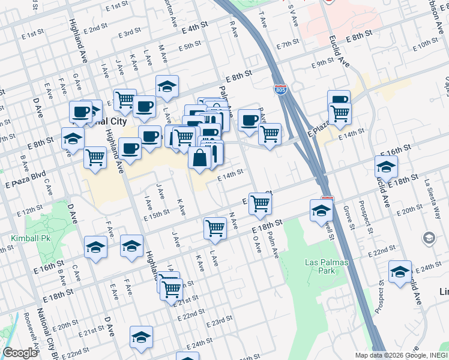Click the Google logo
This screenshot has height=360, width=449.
[x=20, y=353]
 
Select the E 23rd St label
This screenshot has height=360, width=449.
[x=217, y=322]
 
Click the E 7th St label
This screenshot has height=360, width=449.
[x=288, y=44]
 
